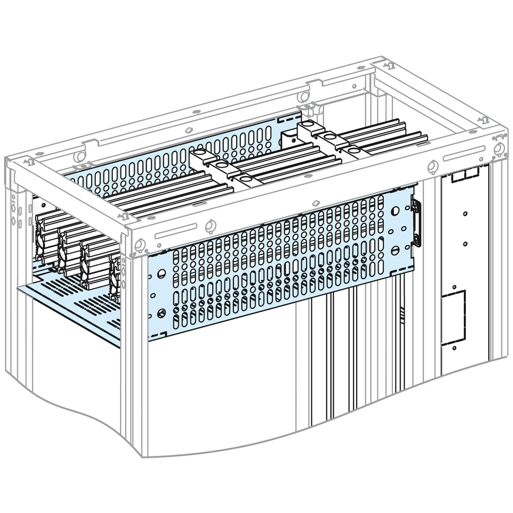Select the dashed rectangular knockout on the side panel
pos(453,318)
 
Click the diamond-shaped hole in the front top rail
pos(316,203)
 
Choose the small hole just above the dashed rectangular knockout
pos(454,287)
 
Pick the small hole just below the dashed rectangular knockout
pos(454,348)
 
